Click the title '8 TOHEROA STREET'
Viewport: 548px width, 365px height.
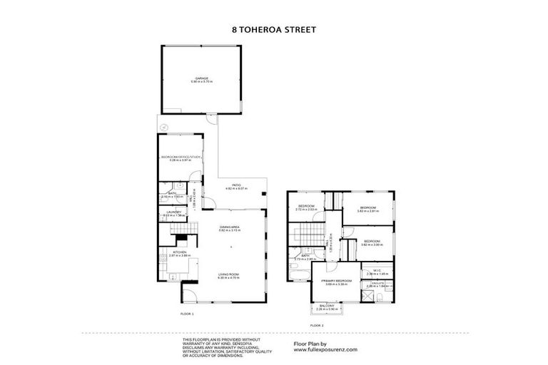point(274,31)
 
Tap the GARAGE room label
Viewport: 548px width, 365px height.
point(202,80)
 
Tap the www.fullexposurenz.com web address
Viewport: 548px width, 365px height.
point(325,350)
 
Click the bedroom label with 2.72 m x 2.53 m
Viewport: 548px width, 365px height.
point(307,207)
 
